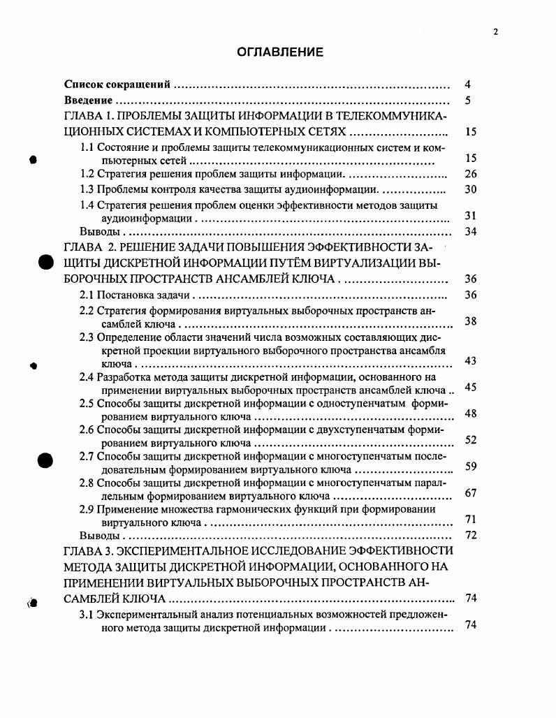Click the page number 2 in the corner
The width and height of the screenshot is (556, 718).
click(x=495, y=32)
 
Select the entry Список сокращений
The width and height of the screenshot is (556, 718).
click(x=117, y=85)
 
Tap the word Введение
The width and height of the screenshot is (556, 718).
click(x=88, y=100)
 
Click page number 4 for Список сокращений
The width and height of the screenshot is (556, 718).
click(x=467, y=85)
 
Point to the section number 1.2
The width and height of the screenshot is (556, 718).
click(x=87, y=174)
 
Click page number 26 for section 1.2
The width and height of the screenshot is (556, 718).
click(x=470, y=174)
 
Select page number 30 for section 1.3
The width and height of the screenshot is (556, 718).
click(x=470, y=189)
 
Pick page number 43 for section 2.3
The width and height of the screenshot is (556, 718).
click(x=470, y=360)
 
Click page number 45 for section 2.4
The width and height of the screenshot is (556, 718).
click(x=470, y=387)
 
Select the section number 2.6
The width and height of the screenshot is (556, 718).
click(x=87, y=430)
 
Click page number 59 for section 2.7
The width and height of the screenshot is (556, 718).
click(x=470, y=467)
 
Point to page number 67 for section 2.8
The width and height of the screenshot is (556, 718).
click(x=470, y=493)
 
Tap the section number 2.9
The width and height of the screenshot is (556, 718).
click(x=87, y=509)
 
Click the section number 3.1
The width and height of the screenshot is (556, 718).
click(x=87, y=615)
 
